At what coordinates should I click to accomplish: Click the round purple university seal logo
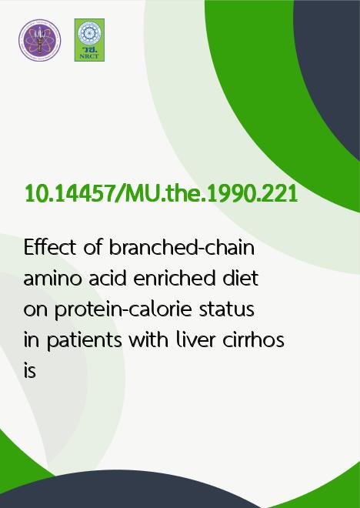click(x=39, y=40)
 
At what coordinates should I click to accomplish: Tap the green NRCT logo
click(x=89, y=40)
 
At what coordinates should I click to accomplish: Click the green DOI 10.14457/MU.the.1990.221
click(x=162, y=194)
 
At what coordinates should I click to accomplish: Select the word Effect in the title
click(x=50, y=248)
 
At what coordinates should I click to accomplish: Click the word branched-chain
click(x=182, y=248)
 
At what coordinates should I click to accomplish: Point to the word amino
click(x=52, y=279)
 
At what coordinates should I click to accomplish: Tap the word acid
click(x=108, y=279)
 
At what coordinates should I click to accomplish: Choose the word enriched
click(x=174, y=279)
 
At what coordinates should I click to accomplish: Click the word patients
click(x=84, y=341)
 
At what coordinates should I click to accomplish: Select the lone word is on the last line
click(x=30, y=370)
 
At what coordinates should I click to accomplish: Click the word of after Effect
click(x=92, y=248)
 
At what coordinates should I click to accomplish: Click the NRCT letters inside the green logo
click(x=89, y=56)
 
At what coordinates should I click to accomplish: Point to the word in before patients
click(x=32, y=339)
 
